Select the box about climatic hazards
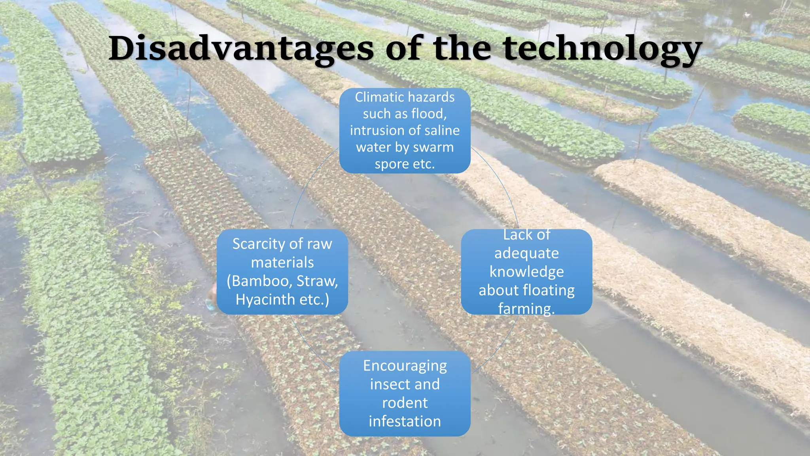tap(405, 131)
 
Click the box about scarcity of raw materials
tap(282, 272)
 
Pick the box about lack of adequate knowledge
tap(526, 272)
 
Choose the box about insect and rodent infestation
tap(405, 393)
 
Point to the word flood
tap(429, 114)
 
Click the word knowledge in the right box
tap(526, 272)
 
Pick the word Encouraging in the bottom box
tap(405, 366)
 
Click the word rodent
tap(405, 403)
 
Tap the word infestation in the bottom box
tap(405, 422)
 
